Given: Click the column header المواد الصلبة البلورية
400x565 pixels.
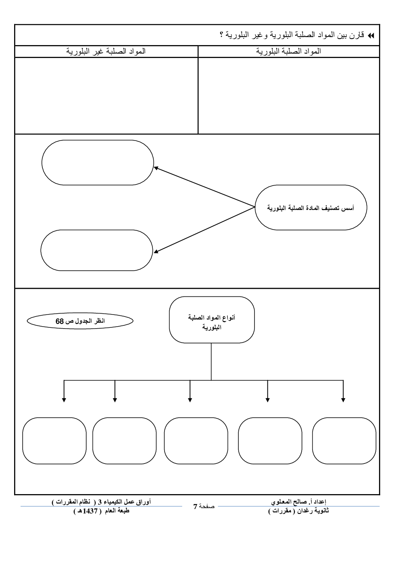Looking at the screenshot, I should click(289, 51).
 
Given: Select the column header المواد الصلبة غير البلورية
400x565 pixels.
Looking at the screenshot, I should click(106, 51).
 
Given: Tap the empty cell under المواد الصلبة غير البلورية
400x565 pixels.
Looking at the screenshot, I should click(106, 95).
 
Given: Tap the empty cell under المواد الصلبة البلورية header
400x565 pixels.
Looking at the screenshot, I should click(289, 95).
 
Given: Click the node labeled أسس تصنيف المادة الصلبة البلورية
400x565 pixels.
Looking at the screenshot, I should click(310, 208).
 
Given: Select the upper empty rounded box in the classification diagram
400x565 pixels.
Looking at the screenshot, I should click(98, 163).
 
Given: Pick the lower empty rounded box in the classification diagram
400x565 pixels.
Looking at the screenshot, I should click(97, 250).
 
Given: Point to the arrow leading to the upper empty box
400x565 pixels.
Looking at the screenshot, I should click(204, 187).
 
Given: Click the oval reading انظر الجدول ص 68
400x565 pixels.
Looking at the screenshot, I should click(80, 321).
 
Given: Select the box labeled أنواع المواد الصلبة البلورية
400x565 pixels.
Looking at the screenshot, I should click(212, 320).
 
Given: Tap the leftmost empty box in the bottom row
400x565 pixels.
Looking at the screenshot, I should click(54, 441).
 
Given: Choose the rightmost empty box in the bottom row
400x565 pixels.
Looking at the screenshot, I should click(344, 441).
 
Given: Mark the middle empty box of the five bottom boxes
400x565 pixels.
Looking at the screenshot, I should click(196, 441).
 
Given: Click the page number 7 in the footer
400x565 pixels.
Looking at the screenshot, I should click(195, 507).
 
